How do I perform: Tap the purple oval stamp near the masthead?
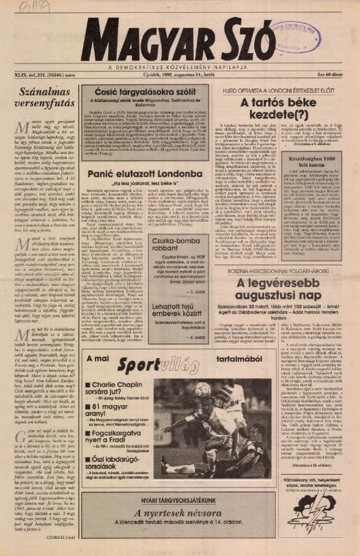click(x=296, y=32)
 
